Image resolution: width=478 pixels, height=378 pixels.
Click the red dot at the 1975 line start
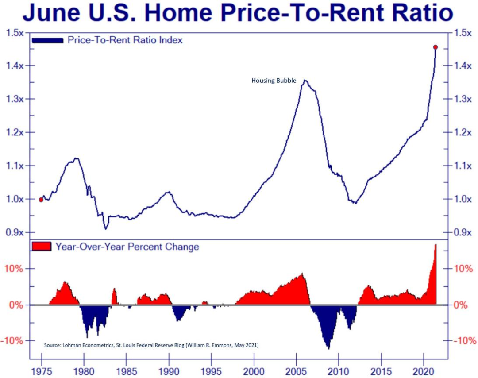(x=41, y=200)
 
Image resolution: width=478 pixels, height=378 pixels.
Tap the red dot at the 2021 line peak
(x=436, y=47)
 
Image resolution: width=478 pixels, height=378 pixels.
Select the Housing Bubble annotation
(x=274, y=81)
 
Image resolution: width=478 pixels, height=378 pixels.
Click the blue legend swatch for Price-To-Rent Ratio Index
(x=47, y=40)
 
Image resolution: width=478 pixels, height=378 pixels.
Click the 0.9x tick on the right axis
(x=463, y=232)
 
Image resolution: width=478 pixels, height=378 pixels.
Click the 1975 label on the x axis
(x=42, y=370)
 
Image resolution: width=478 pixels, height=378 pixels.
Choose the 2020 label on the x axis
(x=424, y=370)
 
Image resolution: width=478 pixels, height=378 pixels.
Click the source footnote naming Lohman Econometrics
(x=151, y=345)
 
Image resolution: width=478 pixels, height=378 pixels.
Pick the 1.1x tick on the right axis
(x=463, y=166)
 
